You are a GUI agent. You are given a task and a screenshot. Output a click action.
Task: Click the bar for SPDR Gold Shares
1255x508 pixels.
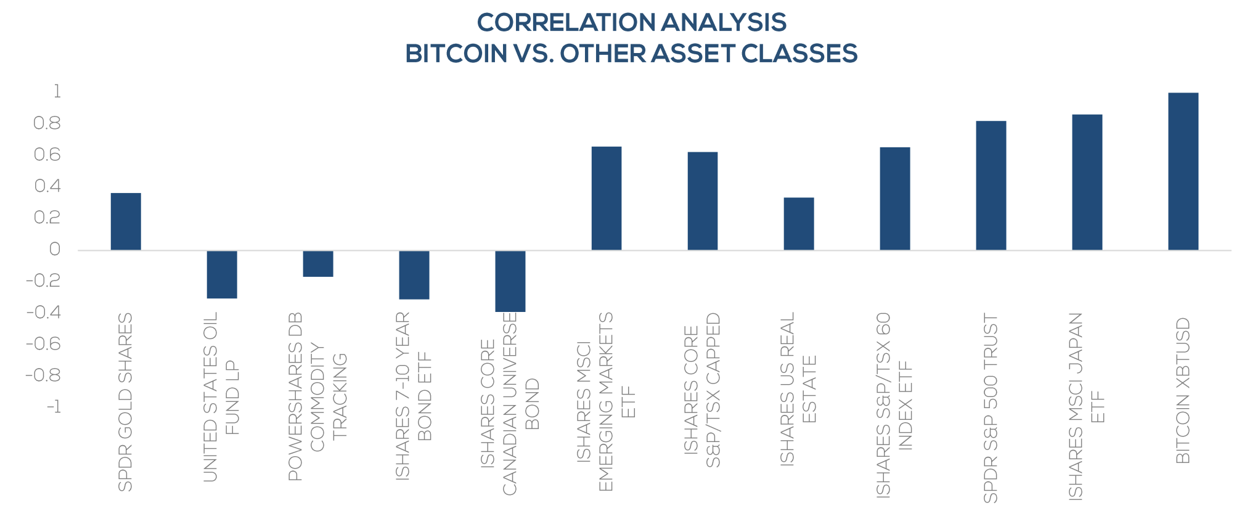tap(126, 221)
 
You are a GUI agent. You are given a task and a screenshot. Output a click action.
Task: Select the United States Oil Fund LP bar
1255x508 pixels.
tap(222, 274)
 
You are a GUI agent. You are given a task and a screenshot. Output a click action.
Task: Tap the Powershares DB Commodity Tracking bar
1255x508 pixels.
tap(318, 263)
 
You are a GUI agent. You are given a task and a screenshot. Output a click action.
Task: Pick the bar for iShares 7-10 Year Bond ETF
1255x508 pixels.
tap(414, 275)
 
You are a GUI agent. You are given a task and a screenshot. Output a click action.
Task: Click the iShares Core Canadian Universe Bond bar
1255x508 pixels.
tap(510, 281)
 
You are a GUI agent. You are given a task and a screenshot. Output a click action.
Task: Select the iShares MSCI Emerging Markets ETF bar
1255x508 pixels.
tap(607, 199)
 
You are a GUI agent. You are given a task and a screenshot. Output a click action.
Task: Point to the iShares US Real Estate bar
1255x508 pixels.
tap(799, 224)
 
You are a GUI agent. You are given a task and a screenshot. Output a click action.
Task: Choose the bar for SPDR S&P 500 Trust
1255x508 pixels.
tap(991, 186)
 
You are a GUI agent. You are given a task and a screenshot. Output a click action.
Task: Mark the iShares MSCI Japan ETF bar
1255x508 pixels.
tap(1087, 182)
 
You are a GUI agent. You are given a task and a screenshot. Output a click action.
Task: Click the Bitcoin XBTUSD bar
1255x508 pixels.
tap(1183, 171)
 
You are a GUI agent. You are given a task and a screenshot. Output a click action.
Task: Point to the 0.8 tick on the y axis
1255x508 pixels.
tap(47, 123)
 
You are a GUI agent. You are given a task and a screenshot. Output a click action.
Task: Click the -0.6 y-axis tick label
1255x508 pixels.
tap(44, 343)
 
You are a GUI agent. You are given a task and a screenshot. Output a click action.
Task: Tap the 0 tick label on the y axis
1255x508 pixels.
tap(55, 249)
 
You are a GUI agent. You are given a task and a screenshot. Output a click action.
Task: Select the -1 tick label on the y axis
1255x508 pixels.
tap(54, 407)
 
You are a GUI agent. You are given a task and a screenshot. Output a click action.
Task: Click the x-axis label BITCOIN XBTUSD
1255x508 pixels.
tap(1183, 390)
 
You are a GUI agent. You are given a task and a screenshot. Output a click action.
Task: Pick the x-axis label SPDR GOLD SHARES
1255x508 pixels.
tap(125, 402)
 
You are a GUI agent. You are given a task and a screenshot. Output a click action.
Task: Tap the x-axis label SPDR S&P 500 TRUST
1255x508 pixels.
tap(991, 408)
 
